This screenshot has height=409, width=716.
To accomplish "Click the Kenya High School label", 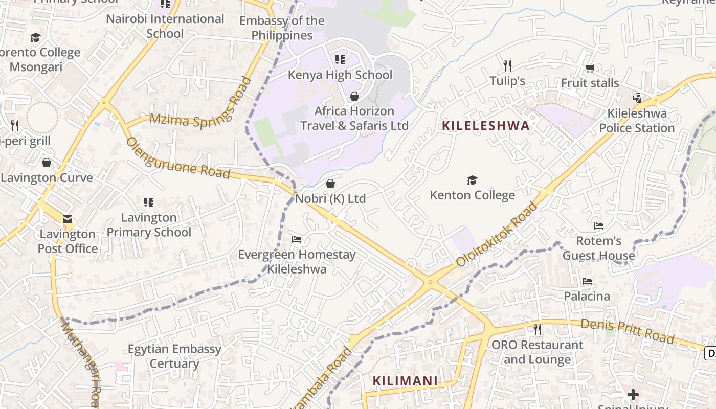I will pyautogui.click(x=340, y=75).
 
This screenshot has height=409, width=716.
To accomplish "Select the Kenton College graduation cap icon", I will pyautogui.click(x=472, y=180).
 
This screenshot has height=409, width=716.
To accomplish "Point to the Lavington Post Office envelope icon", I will pyautogui.click(x=68, y=219).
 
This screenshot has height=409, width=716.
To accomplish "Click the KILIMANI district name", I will pyautogui.click(x=405, y=381).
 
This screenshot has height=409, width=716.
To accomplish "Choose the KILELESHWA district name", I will pyautogui.click(x=485, y=126).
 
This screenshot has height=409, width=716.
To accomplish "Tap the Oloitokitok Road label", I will pyautogui.click(x=497, y=235).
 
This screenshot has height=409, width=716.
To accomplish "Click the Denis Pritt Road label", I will pyautogui.click(x=627, y=331).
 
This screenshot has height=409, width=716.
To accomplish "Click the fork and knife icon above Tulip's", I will pyautogui.click(x=507, y=65).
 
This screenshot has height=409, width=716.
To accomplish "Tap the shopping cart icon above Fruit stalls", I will pyautogui.click(x=590, y=68).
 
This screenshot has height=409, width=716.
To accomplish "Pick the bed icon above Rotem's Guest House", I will pyautogui.click(x=598, y=225).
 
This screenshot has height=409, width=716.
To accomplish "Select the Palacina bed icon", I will pyautogui.click(x=587, y=281).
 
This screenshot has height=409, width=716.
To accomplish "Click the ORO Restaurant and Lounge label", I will pyautogui.click(x=537, y=352).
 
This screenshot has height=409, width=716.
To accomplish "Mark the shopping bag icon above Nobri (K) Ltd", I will pyautogui.click(x=330, y=183).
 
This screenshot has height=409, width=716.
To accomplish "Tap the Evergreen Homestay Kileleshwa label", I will pyautogui.click(x=297, y=262).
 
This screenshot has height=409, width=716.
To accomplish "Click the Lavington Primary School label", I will pyautogui.click(x=149, y=225).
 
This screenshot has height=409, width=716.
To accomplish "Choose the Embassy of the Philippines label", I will pyautogui.click(x=282, y=28).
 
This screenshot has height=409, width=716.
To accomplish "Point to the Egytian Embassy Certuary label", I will pyautogui.click(x=174, y=356).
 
